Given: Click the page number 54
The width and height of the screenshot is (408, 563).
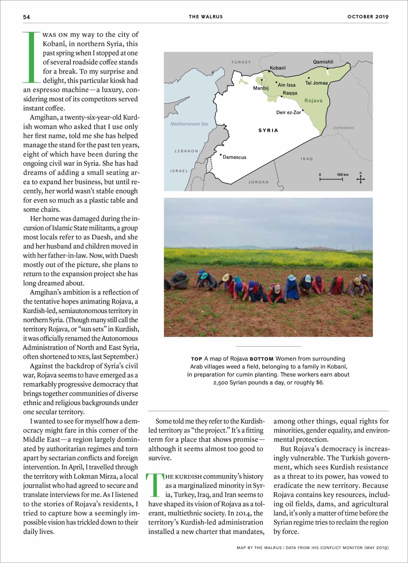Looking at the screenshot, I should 26,17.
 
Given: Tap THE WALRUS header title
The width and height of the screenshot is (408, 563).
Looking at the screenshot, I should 206,17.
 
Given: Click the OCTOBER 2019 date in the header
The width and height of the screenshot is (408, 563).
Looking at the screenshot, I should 368,17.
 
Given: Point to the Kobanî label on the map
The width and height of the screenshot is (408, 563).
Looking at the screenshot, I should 277,68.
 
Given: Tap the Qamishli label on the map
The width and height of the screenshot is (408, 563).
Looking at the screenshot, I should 323,62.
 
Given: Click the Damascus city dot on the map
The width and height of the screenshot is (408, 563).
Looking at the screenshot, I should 221,155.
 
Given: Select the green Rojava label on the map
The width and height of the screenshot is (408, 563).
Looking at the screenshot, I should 313,101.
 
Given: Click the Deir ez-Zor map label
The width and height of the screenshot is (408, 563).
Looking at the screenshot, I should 288,112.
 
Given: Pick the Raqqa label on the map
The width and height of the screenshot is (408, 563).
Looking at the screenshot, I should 290,93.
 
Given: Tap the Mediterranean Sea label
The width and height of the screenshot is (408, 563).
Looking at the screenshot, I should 189,124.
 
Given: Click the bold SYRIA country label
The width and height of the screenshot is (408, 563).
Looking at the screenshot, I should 268,130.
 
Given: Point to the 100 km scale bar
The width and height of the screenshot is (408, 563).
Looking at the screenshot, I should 331,179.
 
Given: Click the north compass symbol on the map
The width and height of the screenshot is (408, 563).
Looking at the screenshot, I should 360,179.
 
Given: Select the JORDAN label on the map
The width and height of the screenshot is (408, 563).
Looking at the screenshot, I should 258,182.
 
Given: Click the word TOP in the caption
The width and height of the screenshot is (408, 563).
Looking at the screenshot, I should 197,359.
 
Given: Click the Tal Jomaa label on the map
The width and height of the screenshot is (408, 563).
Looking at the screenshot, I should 316,83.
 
